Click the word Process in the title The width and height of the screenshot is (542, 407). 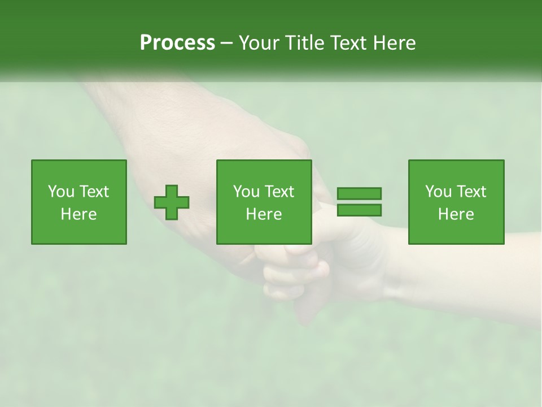[177, 43]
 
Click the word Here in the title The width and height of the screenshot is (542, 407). [396, 43]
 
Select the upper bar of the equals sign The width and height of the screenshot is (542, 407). [359, 193]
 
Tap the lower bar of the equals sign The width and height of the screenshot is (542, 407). [359, 210]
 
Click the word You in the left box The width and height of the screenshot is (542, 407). [61, 192]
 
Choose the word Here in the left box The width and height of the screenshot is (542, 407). [78, 214]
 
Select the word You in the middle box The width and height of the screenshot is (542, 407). [246, 192]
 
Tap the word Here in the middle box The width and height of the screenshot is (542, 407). [264, 214]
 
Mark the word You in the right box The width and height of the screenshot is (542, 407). [438, 192]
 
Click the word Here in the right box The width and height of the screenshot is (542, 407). [456, 214]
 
